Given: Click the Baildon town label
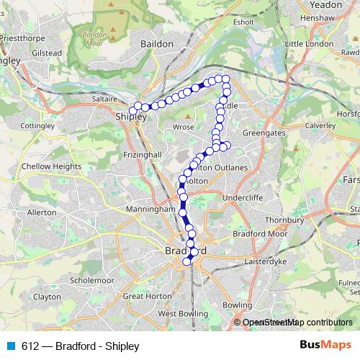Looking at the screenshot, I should click(x=157, y=44).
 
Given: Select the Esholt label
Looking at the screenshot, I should click(x=244, y=22).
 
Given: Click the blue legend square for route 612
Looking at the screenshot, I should click(x=10, y=345).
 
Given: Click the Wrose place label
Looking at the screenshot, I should click(x=184, y=127).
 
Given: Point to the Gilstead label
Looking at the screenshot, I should click(x=48, y=53).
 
